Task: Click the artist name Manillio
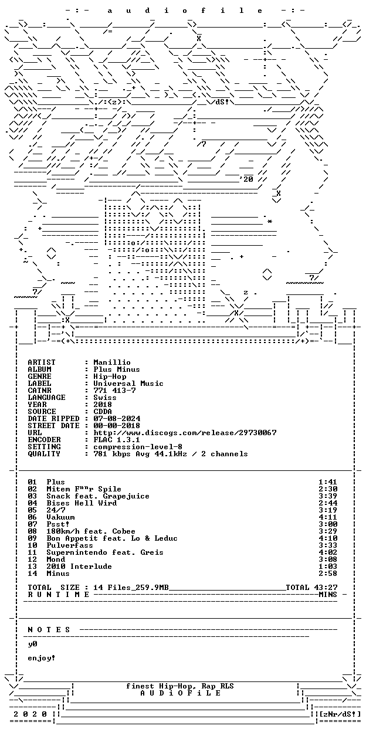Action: click(112, 362)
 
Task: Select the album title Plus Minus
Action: click(117, 369)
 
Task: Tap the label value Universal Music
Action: click(128, 384)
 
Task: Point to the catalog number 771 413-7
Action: click(114, 391)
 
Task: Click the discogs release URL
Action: click(185, 433)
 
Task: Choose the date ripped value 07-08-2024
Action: click(117, 419)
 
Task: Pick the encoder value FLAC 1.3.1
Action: click(117, 440)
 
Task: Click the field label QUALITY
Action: click(44, 454)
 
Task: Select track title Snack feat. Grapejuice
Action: click(98, 497)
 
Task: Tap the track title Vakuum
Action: click(60, 517)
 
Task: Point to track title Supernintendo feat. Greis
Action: click(105, 552)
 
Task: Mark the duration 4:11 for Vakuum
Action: click(328, 517)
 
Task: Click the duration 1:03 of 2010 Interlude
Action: click(328, 567)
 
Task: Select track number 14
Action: click(32, 574)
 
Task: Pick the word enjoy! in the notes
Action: click(41, 658)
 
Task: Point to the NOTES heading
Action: click(49, 630)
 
